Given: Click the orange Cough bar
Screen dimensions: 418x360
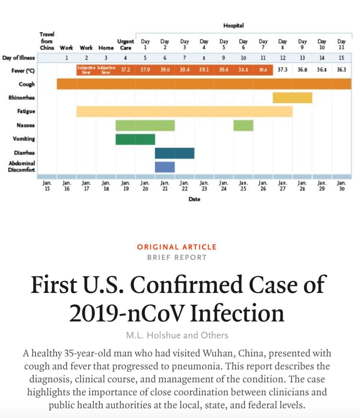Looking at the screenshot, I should [204, 84].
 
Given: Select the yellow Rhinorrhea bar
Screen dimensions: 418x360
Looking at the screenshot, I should [292, 98].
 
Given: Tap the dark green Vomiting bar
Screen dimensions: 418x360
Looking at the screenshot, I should [135, 139].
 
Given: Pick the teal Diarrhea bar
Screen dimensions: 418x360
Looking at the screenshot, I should [175, 153].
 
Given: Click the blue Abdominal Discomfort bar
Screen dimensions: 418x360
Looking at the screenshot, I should [165, 167].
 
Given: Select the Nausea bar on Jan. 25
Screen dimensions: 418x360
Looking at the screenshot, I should [243, 125].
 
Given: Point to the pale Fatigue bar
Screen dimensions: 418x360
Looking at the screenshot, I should [184, 111].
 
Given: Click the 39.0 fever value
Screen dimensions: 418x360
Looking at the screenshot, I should [165, 70].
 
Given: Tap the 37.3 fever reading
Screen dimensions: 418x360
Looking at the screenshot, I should [282, 70].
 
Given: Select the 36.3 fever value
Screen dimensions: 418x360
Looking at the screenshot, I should [341, 70].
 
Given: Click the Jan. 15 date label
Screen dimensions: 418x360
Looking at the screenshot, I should [47, 186].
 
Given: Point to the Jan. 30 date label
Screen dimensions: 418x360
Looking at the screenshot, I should [341, 186].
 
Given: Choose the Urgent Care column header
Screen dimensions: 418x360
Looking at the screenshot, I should [126, 44].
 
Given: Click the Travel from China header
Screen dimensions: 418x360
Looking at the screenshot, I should [47, 41].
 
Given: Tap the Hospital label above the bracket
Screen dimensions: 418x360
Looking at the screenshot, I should [233, 26].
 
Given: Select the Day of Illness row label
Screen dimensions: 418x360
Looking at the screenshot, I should [18, 58].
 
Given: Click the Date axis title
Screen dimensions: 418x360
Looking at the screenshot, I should [194, 199].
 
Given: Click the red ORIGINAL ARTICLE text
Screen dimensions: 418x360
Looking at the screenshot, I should [177, 247].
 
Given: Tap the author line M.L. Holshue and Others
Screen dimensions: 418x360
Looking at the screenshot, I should [177, 335].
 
